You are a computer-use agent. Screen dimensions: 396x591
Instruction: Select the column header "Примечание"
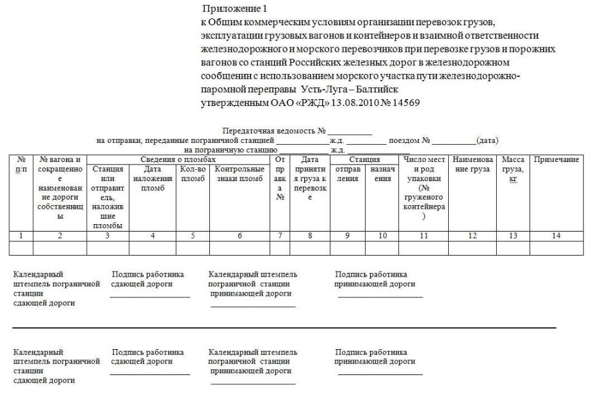[x=556, y=160]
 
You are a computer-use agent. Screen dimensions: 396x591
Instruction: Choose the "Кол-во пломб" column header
[x=193, y=173]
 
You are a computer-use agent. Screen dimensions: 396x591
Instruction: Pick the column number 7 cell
[x=280, y=235]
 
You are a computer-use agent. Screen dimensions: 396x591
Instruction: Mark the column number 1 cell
[x=21, y=235]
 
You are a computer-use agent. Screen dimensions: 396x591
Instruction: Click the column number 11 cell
[x=424, y=235]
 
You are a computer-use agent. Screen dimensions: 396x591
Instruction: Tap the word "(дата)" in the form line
[x=487, y=140]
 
